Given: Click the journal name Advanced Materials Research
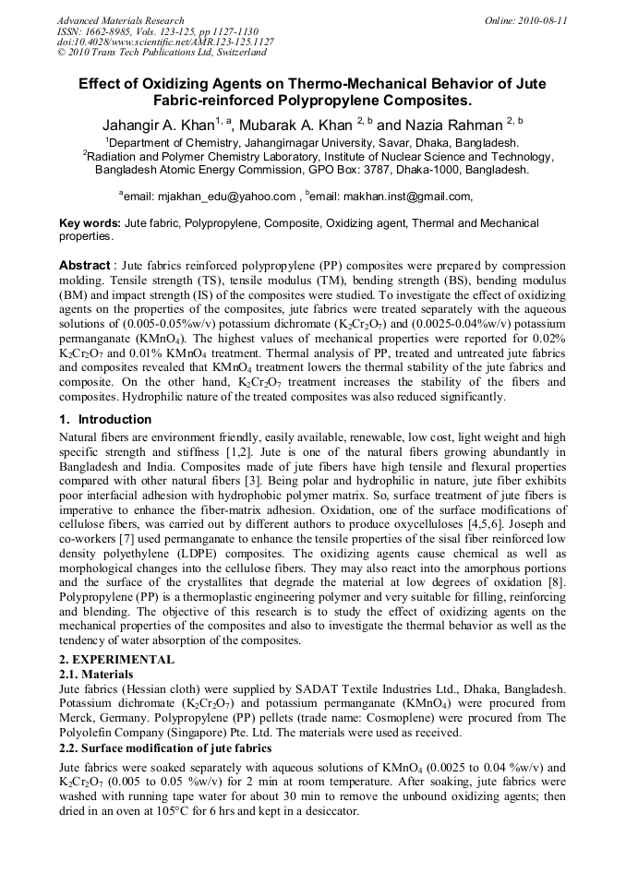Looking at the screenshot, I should click(x=120, y=20).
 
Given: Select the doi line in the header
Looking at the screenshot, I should click(x=164, y=42).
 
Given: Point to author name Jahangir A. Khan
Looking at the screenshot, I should click(x=161, y=124).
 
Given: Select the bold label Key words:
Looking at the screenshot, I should click(x=90, y=223).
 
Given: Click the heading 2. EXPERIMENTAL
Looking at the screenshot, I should click(x=115, y=660).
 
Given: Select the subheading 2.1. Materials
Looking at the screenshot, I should click(x=96, y=675).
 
